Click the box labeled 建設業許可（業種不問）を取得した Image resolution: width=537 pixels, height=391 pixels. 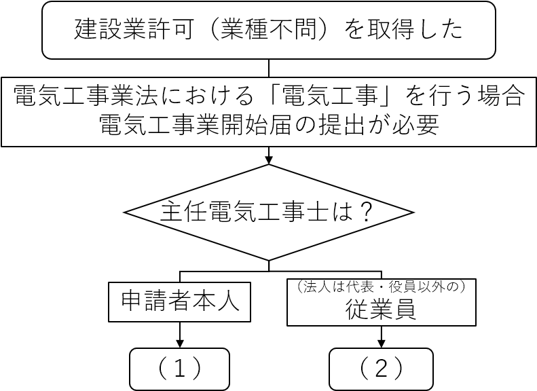click(x=268, y=31)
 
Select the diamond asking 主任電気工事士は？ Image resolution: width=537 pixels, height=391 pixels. click(x=268, y=212)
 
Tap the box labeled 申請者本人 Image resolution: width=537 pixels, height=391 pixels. click(x=180, y=301)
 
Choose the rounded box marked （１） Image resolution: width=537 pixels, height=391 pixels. click(x=180, y=369)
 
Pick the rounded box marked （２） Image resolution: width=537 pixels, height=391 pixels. click(x=380, y=369)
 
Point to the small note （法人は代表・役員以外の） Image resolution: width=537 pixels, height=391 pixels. click(x=380, y=286)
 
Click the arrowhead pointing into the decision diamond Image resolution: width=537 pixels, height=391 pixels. click(x=269, y=160)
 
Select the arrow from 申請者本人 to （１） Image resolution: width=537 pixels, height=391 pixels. click(x=180, y=334)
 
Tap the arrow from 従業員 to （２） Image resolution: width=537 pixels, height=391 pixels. click(x=380, y=336)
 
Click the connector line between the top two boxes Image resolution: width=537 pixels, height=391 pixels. click(x=269, y=68)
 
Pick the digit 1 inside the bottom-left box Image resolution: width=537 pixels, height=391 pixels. click(x=180, y=369)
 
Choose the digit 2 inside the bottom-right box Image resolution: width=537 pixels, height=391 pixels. click(x=380, y=369)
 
